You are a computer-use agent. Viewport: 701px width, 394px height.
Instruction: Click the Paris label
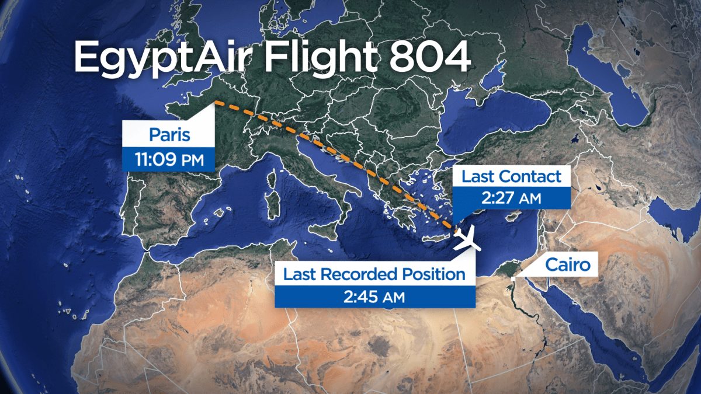(x=169, y=135)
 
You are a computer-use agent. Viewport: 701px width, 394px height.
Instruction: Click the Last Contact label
(x=511, y=176)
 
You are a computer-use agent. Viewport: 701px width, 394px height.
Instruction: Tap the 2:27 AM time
(x=511, y=198)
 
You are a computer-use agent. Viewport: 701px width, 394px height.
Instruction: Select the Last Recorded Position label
(x=374, y=274)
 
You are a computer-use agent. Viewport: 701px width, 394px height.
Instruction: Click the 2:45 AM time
(x=374, y=297)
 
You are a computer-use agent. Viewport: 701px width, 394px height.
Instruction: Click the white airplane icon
(x=467, y=239)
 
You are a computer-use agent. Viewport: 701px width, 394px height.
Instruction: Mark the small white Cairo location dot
(x=513, y=279)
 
